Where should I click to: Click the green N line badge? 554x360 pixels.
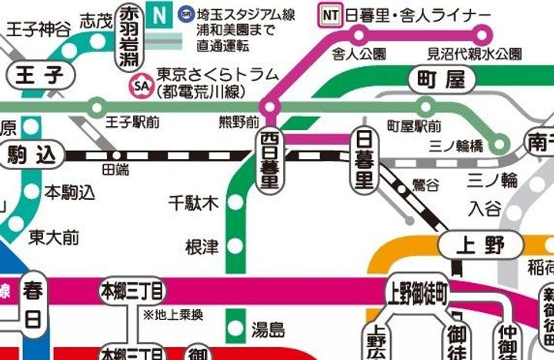coord(159,14)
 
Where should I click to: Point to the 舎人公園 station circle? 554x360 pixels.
coord(359,35)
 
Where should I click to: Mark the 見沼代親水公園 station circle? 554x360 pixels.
coord(483,35)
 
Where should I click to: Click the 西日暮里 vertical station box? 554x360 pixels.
coord(269,160)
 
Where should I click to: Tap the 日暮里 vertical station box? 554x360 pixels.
coord(362,160)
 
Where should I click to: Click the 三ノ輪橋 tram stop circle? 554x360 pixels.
coord(501,142)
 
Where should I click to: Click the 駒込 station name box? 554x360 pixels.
coord(32,155)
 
